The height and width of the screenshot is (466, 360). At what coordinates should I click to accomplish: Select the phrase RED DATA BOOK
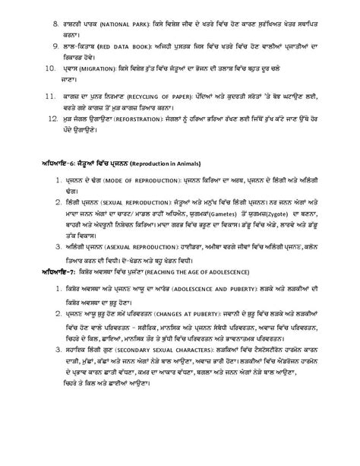coord(120,45)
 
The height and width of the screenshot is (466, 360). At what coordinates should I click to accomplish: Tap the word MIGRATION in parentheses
coord(93,68)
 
